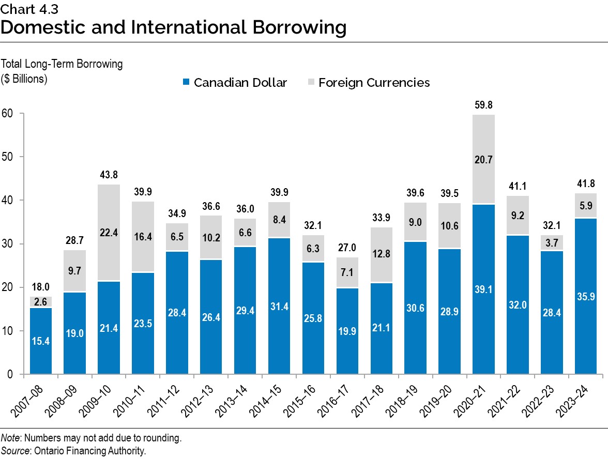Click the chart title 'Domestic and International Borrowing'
click(173, 27)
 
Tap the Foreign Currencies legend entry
click(369, 82)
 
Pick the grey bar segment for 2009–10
click(109, 233)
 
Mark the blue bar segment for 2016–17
click(348, 331)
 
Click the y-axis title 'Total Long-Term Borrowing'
click(62, 64)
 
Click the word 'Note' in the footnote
click(9, 438)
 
